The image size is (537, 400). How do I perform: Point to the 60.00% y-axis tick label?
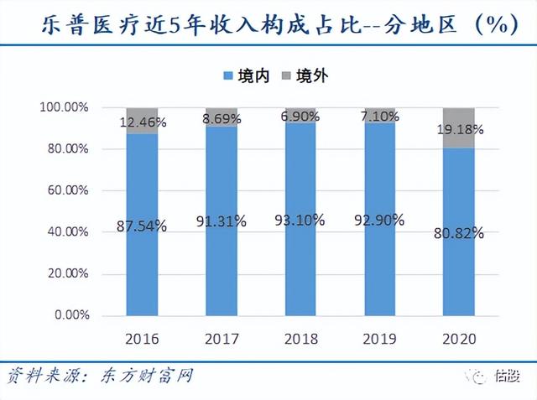[65, 191]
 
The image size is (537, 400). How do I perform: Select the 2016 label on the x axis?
[142, 339]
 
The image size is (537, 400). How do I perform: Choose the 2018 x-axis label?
[300, 339]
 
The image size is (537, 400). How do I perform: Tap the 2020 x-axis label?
[459, 339]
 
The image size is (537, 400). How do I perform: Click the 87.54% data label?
[142, 226]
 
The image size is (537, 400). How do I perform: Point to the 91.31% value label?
[222, 222]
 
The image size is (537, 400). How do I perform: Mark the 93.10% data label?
[300, 221]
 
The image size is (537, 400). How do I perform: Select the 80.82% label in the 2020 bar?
[459, 232]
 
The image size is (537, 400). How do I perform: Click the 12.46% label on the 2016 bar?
[142, 122]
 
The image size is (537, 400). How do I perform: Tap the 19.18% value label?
[459, 130]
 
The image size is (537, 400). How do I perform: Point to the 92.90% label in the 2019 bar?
[379, 221]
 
